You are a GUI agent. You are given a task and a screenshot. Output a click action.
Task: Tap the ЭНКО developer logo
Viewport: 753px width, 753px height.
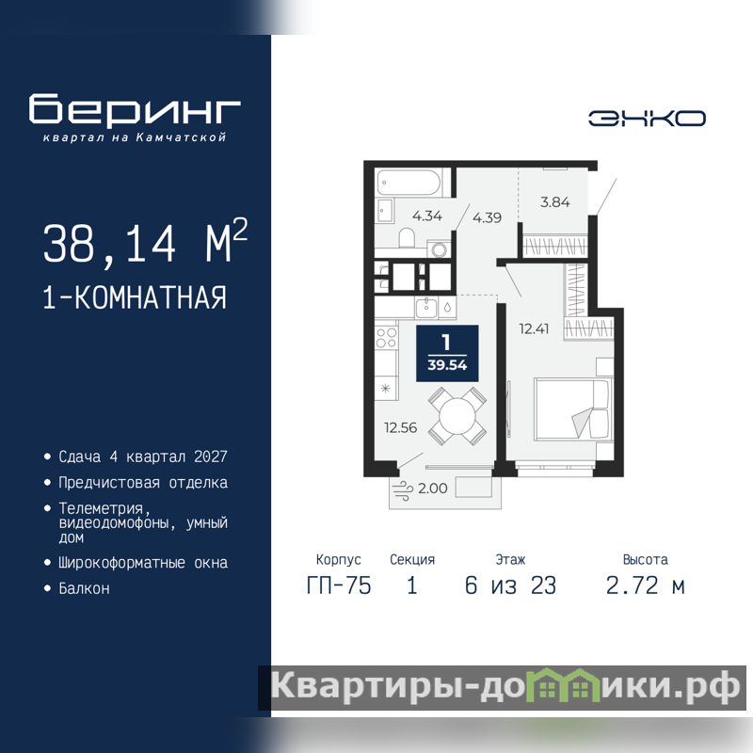(x=647, y=119)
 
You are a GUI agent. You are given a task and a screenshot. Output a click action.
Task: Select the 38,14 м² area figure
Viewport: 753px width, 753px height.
(x=145, y=243)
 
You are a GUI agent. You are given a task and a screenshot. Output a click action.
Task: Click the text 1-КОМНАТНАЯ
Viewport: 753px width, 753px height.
(x=135, y=297)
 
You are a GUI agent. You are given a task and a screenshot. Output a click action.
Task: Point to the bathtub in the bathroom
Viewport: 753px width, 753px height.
(x=409, y=183)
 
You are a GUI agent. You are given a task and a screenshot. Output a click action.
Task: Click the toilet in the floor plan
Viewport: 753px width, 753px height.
(x=408, y=238)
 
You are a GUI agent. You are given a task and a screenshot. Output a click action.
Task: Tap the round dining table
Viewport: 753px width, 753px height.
(x=457, y=416)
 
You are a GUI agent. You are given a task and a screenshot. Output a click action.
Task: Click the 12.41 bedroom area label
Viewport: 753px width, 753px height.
(x=534, y=328)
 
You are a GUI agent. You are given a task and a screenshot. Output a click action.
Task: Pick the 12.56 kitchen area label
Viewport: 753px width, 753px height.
(x=401, y=427)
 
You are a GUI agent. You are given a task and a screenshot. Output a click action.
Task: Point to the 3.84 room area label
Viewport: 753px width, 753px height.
(x=555, y=202)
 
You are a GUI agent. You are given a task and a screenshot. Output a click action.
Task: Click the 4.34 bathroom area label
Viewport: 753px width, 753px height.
(x=427, y=216)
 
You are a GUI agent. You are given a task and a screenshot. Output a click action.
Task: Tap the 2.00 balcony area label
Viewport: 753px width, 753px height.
(x=433, y=489)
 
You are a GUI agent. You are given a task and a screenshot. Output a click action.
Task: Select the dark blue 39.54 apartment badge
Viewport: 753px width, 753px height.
(x=447, y=354)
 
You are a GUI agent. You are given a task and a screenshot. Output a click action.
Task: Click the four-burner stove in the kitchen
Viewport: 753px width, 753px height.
(x=386, y=337)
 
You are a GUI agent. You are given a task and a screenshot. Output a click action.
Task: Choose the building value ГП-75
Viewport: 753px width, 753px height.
(x=339, y=585)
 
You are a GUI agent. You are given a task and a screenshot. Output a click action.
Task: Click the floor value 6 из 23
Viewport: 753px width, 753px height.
(x=510, y=585)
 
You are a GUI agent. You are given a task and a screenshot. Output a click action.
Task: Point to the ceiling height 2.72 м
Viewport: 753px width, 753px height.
(x=646, y=585)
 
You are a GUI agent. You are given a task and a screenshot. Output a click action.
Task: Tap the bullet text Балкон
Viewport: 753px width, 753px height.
(x=84, y=588)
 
